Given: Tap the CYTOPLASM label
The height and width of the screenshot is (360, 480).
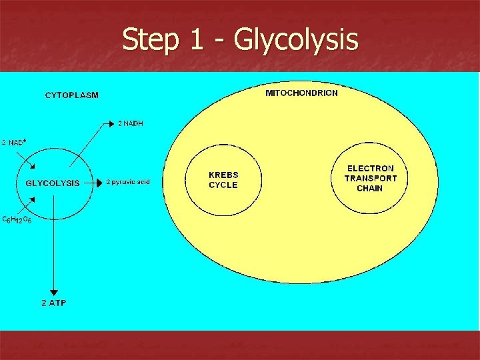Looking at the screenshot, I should (x=71, y=95).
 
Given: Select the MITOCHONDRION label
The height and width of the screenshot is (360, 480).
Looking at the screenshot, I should (x=301, y=93).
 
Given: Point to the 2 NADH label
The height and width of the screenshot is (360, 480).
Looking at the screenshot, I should (x=131, y=123).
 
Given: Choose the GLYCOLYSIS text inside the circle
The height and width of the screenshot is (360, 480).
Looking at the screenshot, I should (x=53, y=183).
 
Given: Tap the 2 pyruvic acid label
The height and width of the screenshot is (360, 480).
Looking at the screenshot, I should (x=128, y=182).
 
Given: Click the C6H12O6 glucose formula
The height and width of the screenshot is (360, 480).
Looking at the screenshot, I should (x=17, y=219).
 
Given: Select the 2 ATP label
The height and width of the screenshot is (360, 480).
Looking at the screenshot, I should (x=54, y=303).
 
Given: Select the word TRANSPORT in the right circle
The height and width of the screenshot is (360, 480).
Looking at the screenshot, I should (x=370, y=178).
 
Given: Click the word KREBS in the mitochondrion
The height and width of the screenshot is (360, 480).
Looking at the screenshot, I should (x=223, y=175).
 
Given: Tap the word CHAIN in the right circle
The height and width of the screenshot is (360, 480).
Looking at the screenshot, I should (x=370, y=188).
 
